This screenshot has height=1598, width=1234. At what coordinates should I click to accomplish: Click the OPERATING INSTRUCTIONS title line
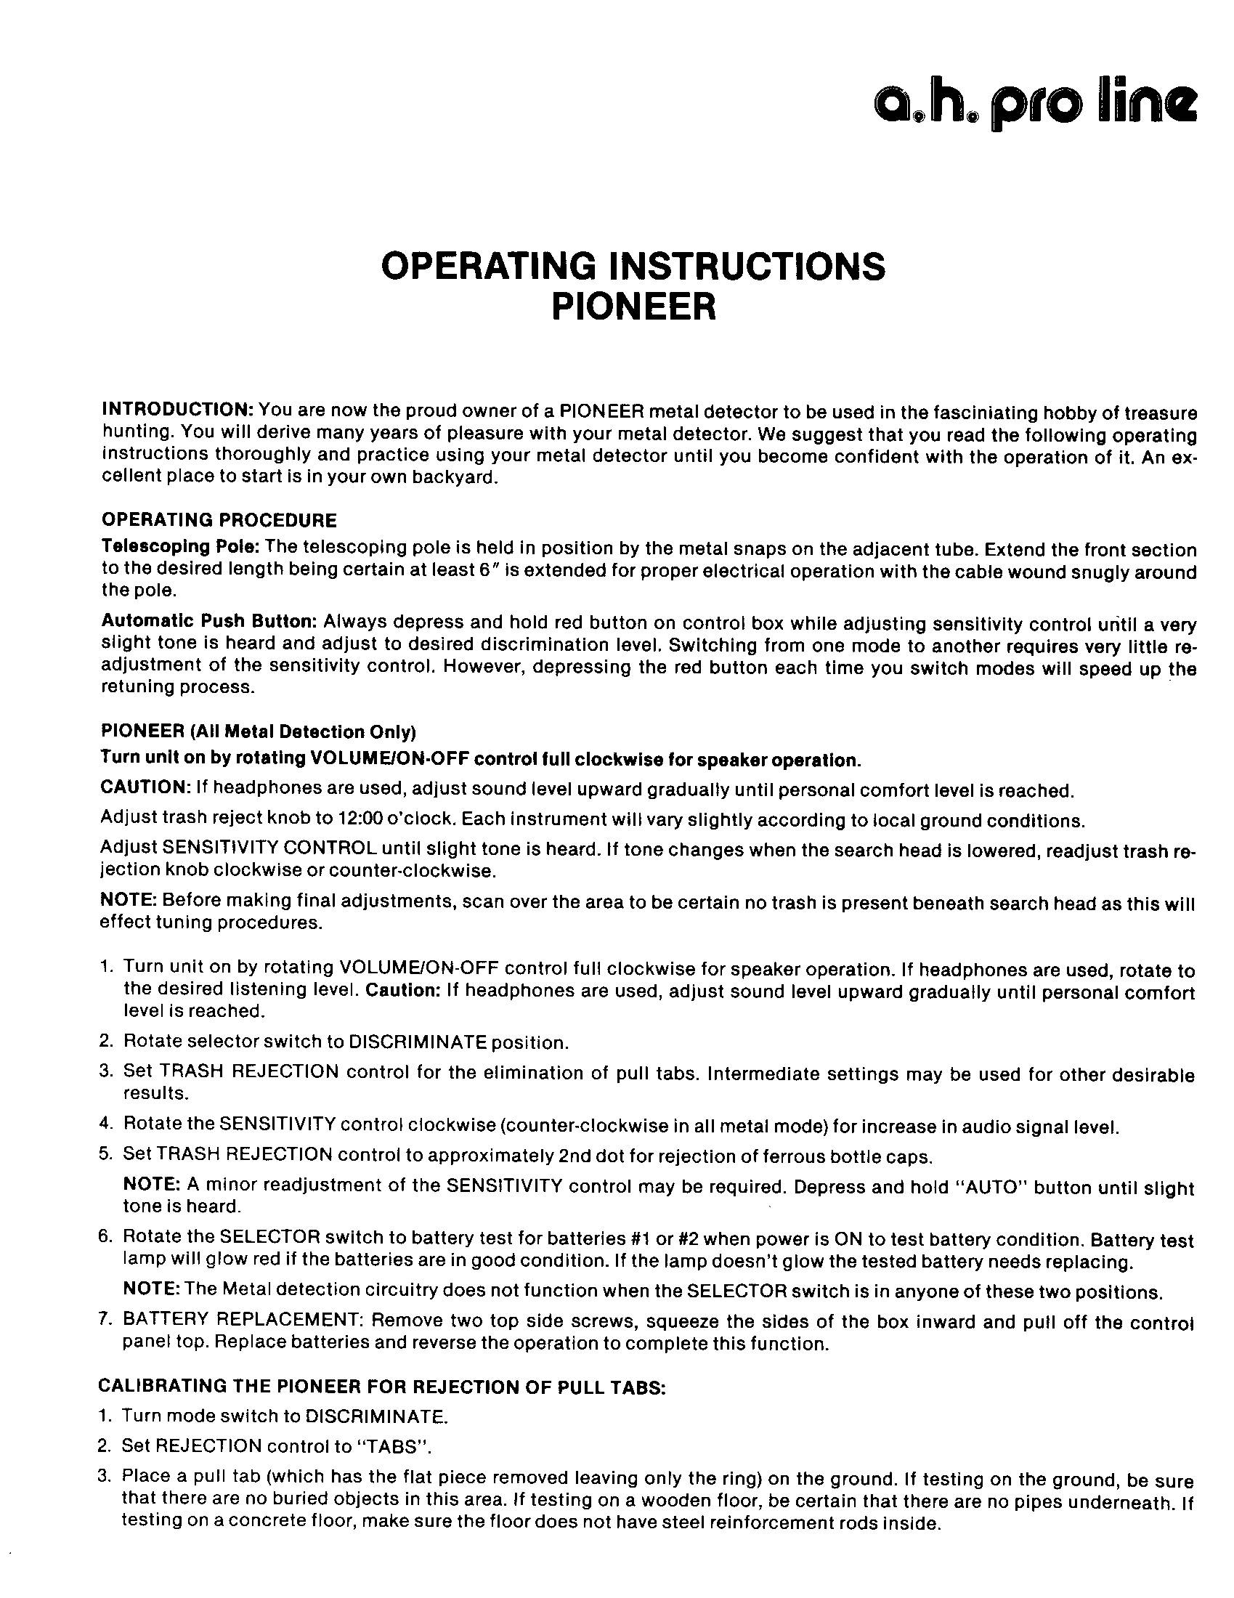point(633,267)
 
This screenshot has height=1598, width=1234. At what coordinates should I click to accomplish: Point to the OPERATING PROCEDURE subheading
point(219,520)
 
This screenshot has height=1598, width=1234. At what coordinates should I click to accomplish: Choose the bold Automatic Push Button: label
point(208,621)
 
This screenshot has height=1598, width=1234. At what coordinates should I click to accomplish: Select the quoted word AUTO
point(975,1186)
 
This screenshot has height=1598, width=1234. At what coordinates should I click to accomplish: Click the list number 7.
point(105,1320)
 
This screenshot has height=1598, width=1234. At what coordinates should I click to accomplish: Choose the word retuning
point(133,687)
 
